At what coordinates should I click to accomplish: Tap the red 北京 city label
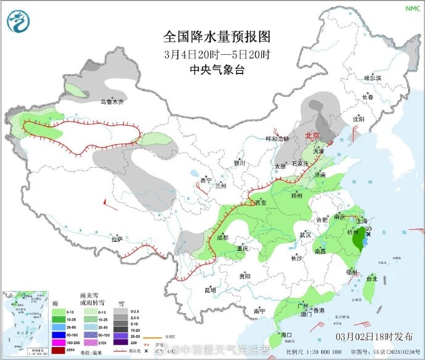point(313,136)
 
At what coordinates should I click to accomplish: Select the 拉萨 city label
point(116,239)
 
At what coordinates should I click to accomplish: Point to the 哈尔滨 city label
point(373,78)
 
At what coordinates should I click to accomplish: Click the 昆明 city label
point(210,289)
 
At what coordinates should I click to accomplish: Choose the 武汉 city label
point(305,235)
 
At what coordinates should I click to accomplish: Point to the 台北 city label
point(371,279)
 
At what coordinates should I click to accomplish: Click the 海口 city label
point(286,335)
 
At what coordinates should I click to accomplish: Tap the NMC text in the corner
point(411,8)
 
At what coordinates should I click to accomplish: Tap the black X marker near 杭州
point(369,234)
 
